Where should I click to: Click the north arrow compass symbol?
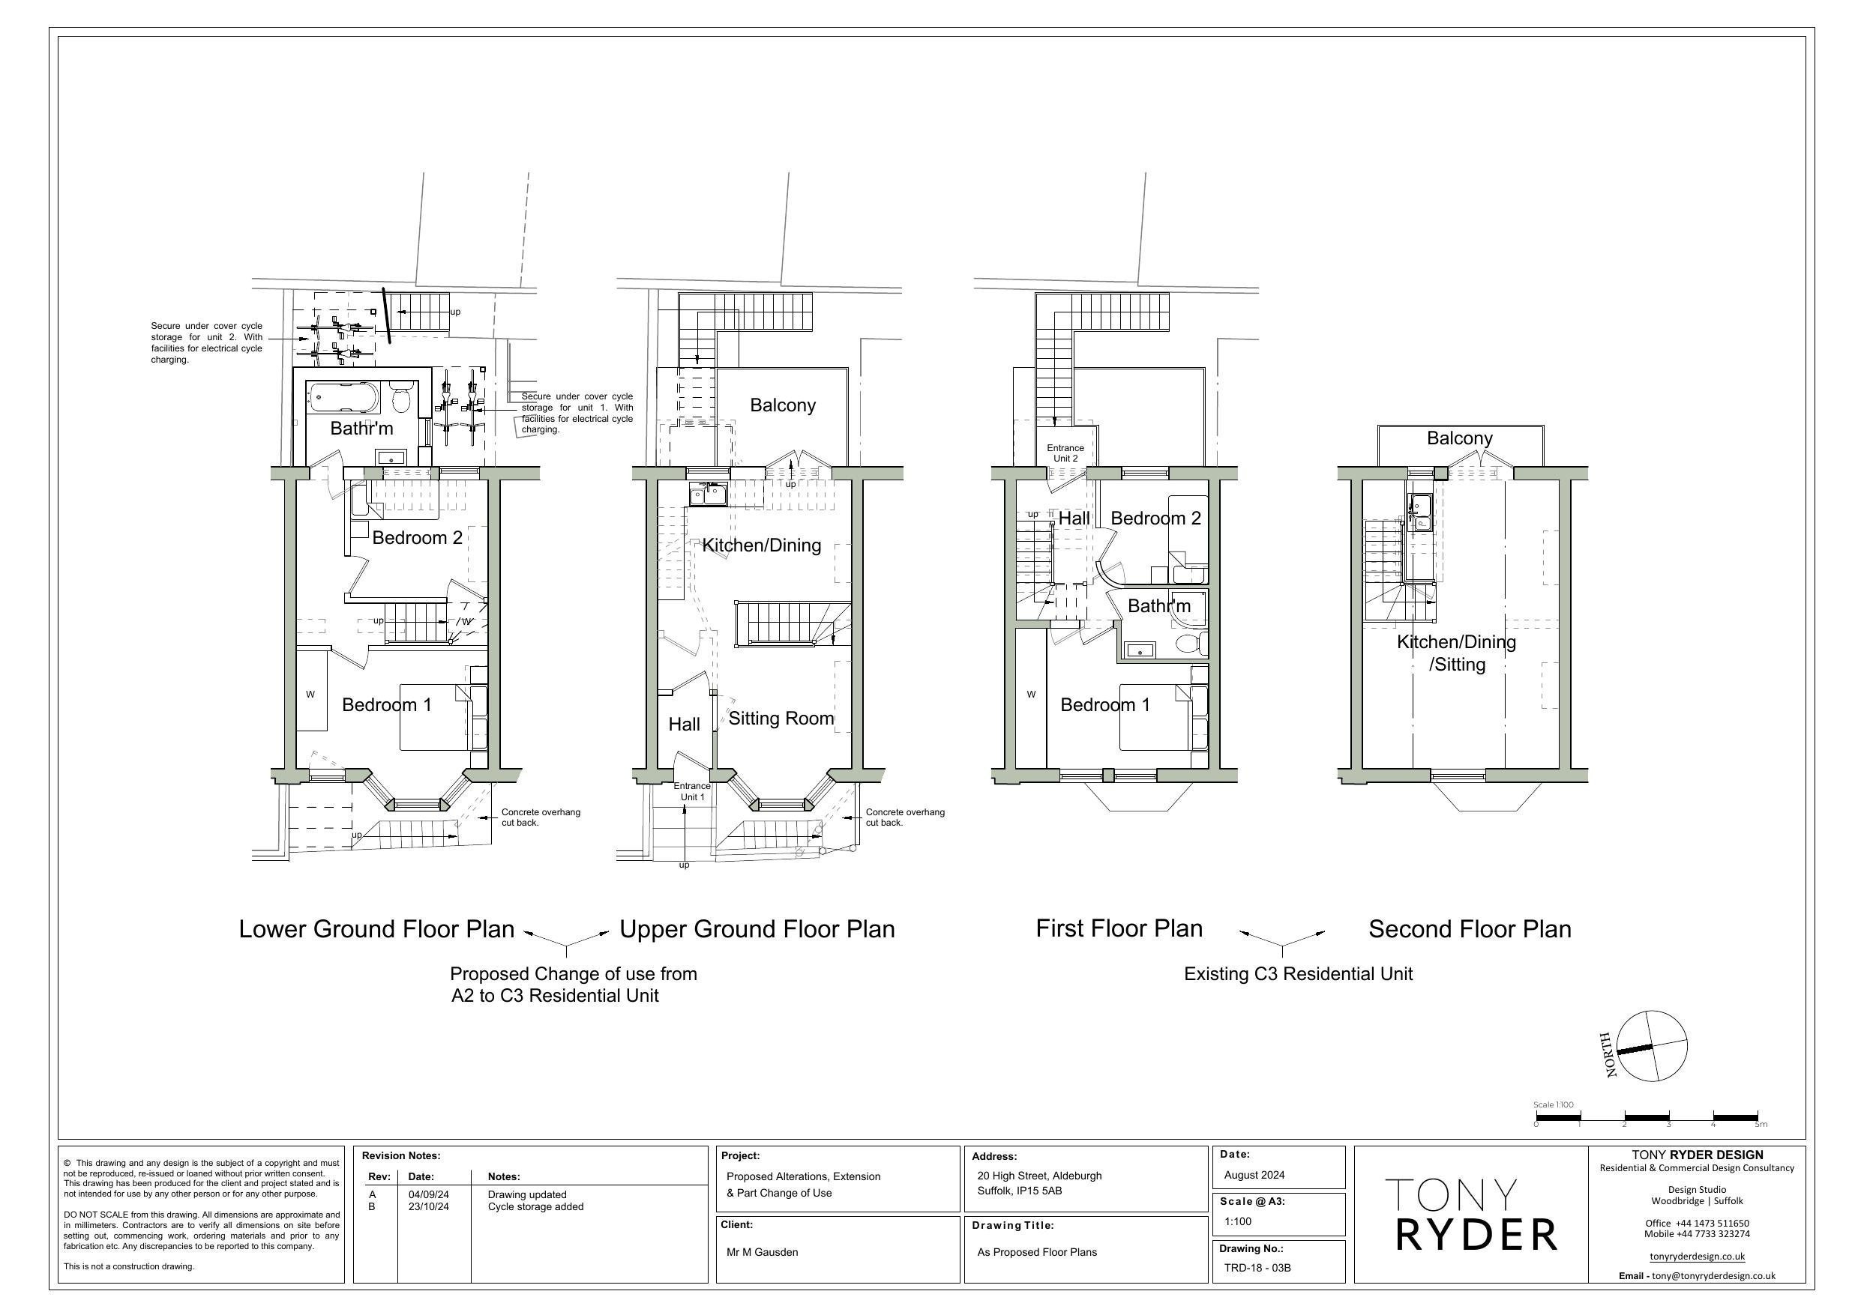click(1651, 1046)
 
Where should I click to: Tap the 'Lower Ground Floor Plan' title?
click(376, 929)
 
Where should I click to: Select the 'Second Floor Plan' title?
click(1470, 929)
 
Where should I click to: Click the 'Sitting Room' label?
click(781, 719)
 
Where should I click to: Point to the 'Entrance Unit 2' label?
click(1065, 453)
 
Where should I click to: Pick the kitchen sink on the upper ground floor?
click(708, 494)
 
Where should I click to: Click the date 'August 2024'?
click(1254, 1176)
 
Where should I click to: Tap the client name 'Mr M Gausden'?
click(762, 1253)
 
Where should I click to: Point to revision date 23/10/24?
click(428, 1207)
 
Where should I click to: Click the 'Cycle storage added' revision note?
click(535, 1207)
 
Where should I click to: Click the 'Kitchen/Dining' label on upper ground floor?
click(761, 545)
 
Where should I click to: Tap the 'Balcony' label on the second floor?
click(1459, 438)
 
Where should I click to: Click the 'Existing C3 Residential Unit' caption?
click(1298, 974)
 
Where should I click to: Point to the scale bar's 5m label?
click(1761, 1125)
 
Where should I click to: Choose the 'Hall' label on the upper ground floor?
click(684, 725)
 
